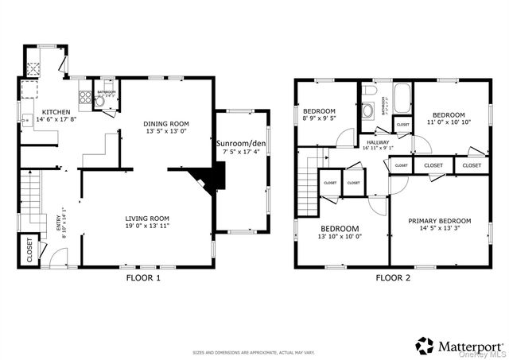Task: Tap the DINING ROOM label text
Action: point(166,123)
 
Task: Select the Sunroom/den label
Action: point(241,143)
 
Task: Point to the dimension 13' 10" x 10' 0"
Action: point(340,236)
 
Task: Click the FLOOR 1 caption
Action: point(143,278)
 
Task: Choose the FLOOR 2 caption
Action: point(393,278)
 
